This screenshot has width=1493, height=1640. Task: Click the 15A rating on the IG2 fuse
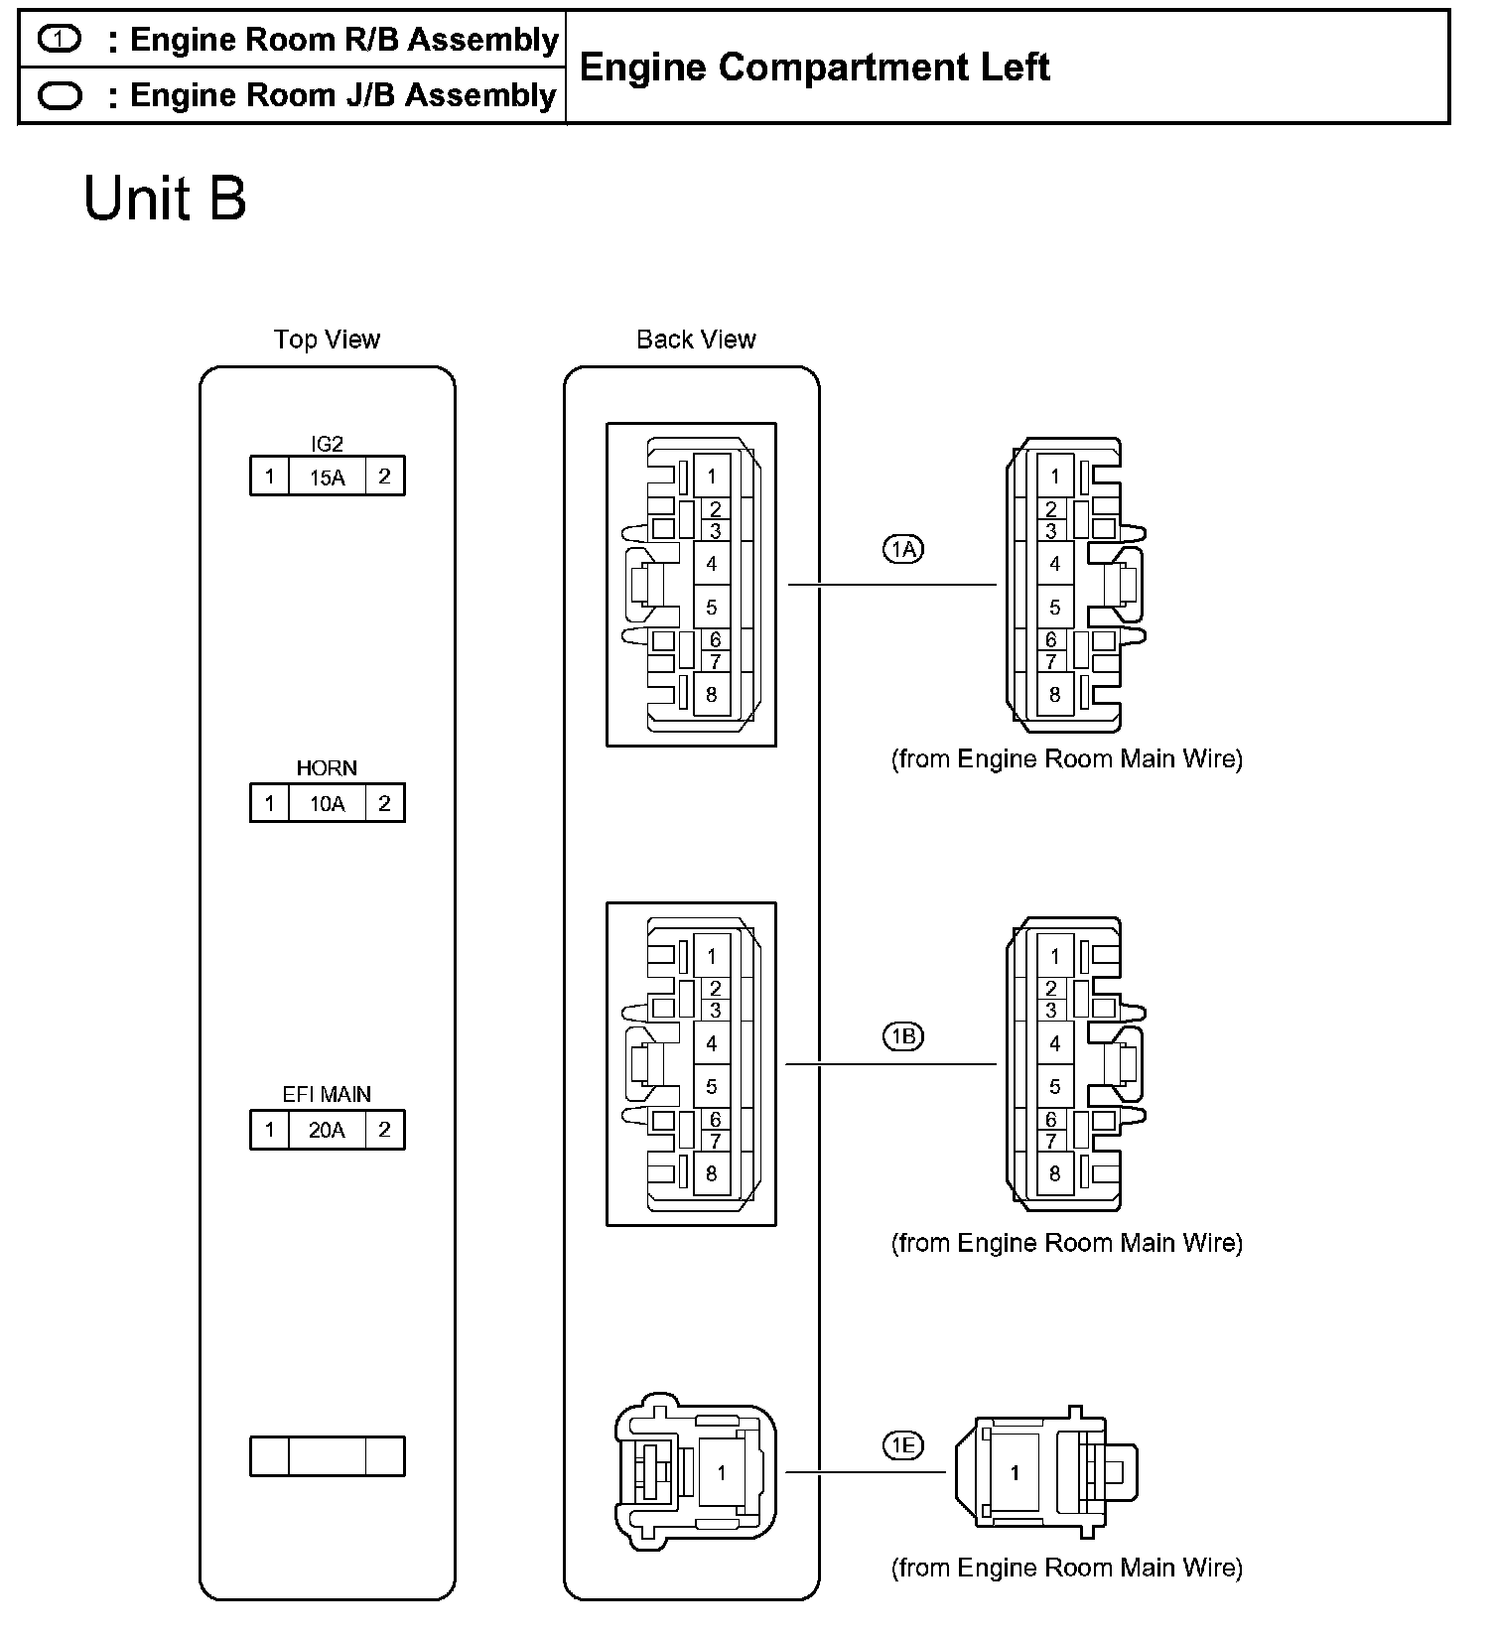(327, 478)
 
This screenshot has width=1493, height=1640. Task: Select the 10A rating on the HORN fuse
(327, 804)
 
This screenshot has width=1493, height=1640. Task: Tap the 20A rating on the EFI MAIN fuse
(327, 1130)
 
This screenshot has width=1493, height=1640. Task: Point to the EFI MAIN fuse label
(327, 1094)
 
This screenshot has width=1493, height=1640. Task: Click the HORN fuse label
(327, 768)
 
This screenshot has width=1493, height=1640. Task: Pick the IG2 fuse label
(327, 444)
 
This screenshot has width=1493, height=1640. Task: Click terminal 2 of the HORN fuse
(384, 804)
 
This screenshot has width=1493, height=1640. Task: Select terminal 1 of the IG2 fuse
(269, 478)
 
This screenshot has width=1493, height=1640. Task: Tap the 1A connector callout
(903, 548)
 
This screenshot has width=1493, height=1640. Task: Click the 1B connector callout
(903, 1037)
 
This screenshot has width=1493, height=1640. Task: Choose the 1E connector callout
(903, 1445)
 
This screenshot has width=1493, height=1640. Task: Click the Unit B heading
(165, 199)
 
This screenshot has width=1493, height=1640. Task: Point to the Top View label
(327, 340)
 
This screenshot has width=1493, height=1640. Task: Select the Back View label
(696, 340)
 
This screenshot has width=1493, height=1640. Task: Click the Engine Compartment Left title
(814, 68)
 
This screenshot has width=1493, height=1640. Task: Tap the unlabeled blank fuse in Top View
(327, 1456)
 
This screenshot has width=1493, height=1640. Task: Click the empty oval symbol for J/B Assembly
(60, 95)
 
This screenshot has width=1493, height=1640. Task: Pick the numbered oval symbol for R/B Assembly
(60, 40)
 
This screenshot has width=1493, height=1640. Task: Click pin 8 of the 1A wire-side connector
(1054, 695)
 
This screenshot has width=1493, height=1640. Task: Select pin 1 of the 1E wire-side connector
(1014, 1473)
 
